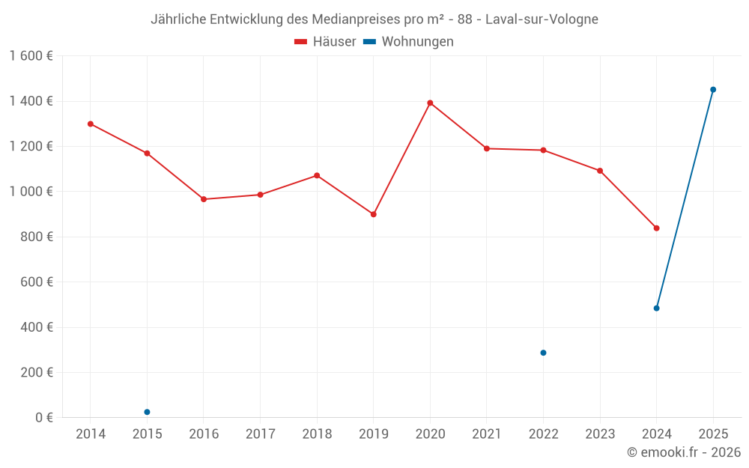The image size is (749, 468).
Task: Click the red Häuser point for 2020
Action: pos(430,103)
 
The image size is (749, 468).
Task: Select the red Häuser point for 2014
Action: pos(91,124)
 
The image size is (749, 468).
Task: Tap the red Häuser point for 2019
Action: pos(374,214)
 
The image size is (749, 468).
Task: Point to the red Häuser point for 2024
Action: pos(657,228)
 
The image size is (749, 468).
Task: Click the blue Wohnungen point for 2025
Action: pos(713,89)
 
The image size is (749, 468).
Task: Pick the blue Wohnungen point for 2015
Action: pos(147,412)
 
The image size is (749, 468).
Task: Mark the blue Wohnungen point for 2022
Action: pos(543,353)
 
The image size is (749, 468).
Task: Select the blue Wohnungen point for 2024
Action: pos(657,308)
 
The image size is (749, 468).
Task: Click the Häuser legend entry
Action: pos(325,42)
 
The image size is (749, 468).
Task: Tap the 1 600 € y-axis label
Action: pos(31,56)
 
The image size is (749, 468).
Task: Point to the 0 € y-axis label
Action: pos(44,418)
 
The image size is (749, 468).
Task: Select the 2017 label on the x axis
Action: pos(260,434)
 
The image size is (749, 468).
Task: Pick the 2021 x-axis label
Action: pos(487,434)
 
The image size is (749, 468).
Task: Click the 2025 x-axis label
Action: pos(713,434)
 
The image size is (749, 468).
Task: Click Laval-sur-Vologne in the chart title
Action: pos(542,19)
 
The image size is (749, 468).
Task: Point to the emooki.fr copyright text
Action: pos(683,452)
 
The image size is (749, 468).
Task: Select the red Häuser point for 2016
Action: pos(204,199)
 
